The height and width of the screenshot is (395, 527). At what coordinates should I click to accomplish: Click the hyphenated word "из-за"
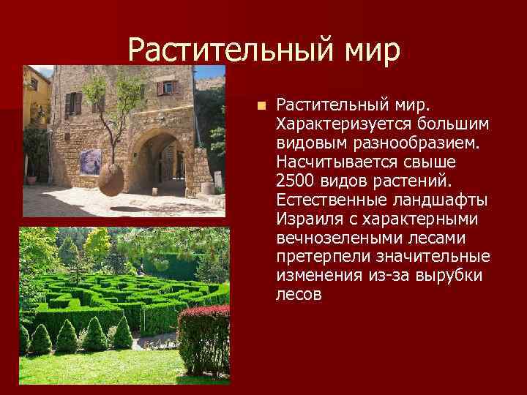click(385, 275)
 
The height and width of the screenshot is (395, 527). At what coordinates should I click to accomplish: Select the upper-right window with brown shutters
click(167, 87)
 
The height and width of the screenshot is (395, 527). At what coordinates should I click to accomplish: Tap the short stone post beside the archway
click(208, 187)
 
